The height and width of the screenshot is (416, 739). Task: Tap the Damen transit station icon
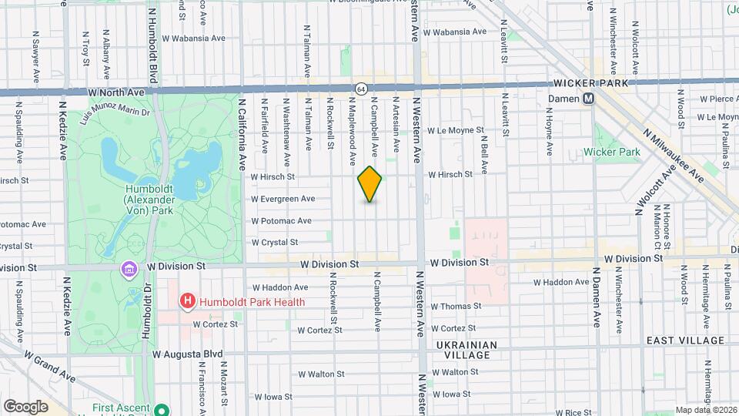[589, 99]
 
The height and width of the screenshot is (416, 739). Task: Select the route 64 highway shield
[360, 89]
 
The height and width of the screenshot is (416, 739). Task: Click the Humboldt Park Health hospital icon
[186, 302]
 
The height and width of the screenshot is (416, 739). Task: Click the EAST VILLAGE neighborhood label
[685, 341]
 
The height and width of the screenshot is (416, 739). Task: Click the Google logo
[26, 406]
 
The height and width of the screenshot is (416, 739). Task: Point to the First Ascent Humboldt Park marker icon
[162, 410]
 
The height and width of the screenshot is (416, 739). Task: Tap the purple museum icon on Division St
[128, 269]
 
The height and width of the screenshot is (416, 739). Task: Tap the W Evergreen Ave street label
[283, 199]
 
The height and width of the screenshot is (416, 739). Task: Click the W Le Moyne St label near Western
[456, 131]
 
